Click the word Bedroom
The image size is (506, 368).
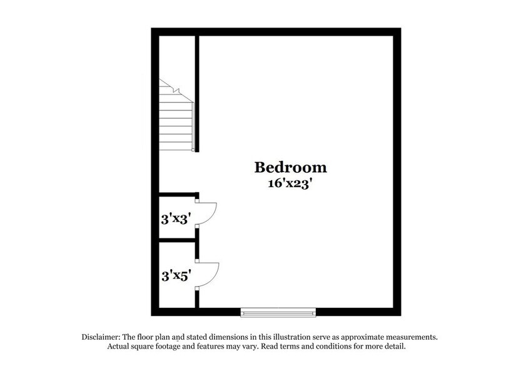(x=290, y=168)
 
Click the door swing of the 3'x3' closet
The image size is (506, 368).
(x=209, y=212)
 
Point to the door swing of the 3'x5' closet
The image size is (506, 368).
(x=209, y=274)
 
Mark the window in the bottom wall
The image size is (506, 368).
(x=278, y=312)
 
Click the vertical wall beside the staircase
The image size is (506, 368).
(x=197, y=94)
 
